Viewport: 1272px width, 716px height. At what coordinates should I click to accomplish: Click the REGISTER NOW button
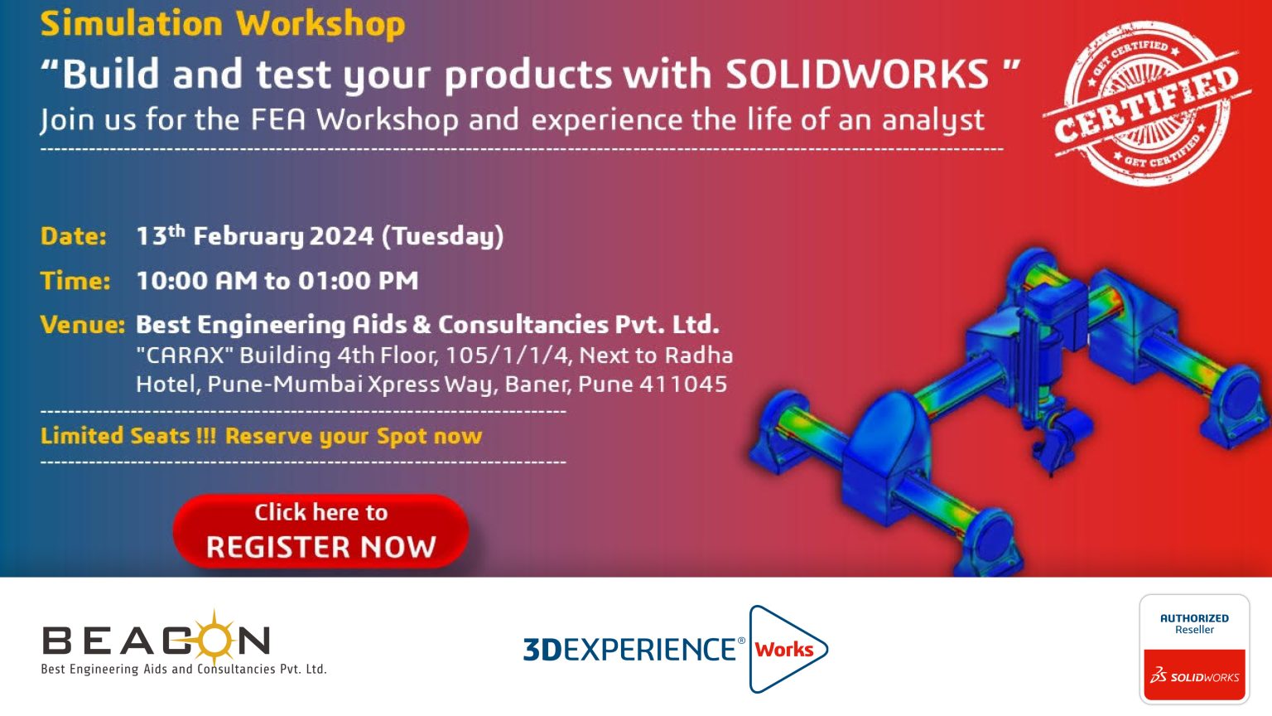click(x=320, y=530)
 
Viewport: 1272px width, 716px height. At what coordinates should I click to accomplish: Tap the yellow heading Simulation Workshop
click(x=223, y=24)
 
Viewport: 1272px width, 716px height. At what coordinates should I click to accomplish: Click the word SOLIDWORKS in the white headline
click(x=857, y=75)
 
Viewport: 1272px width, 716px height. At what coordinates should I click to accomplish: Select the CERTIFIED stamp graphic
click(x=1147, y=104)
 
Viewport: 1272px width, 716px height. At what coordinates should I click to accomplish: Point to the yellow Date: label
click(x=73, y=236)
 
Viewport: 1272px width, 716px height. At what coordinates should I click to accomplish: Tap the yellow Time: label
click(x=75, y=281)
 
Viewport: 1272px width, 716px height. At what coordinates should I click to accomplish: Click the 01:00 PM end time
click(x=359, y=281)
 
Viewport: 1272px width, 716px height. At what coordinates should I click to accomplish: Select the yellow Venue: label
click(x=82, y=325)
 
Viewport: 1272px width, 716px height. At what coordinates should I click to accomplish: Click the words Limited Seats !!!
click(x=128, y=437)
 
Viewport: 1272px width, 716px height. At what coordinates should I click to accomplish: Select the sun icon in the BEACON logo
click(x=214, y=637)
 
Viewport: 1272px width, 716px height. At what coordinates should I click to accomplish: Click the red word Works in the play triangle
click(x=784, y=650)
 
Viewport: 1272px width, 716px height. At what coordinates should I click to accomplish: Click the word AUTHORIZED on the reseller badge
click(x=1194, y=618)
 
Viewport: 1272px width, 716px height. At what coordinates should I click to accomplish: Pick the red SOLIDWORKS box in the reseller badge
click(x=1194, y=675)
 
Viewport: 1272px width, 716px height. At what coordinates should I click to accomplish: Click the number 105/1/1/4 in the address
click(x=507, y=356)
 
